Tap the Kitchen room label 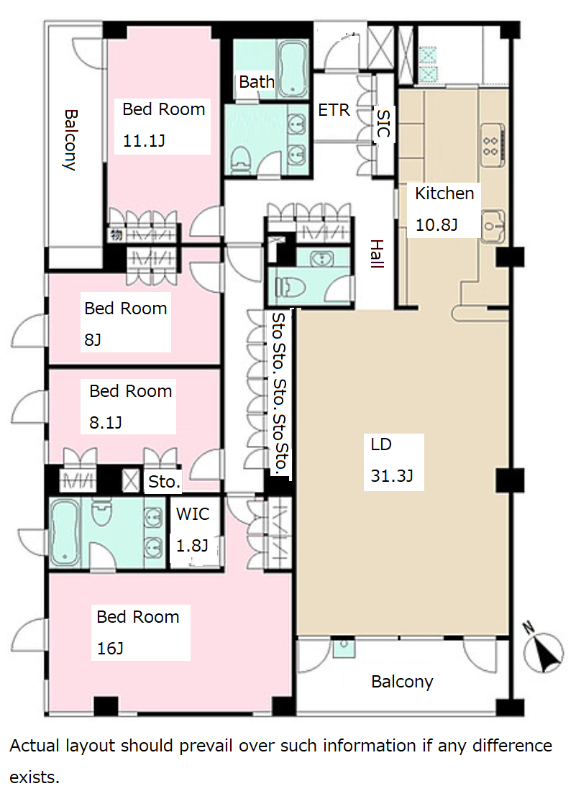444,193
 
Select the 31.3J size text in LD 392,475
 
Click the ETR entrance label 334,110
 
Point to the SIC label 383,123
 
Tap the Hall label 378,254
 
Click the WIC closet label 193,514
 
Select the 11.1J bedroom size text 143,140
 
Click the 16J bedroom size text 110,648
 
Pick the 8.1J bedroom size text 105,423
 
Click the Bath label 257,81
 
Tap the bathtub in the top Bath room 293,68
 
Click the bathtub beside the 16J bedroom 65,533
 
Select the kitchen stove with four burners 493,145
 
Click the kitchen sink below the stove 493,226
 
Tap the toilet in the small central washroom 290,287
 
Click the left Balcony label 70,140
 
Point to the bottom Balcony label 402,682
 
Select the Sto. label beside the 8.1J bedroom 164,481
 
